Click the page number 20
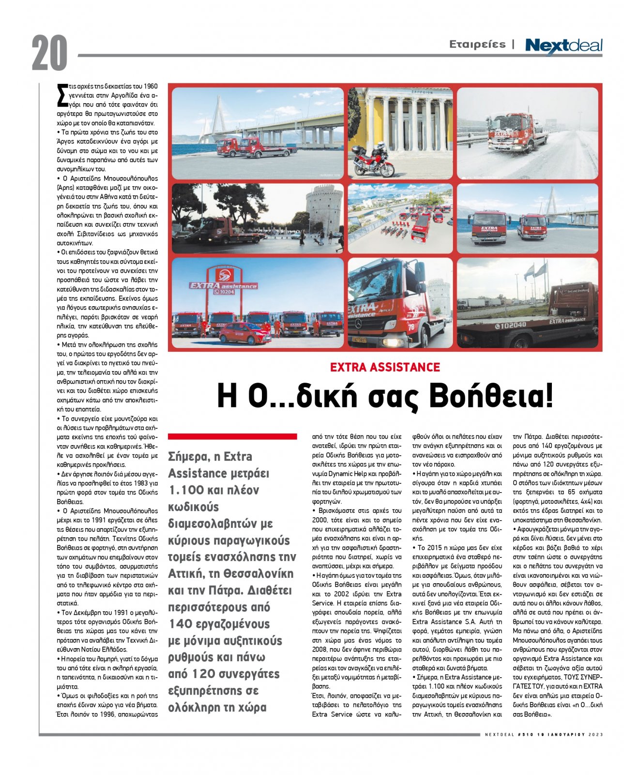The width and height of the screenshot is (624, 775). (49, 53)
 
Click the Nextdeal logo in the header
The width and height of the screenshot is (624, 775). (563, 46)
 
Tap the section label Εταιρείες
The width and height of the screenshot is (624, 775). (477, 45)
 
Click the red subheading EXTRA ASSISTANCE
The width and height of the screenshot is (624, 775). (385, 367)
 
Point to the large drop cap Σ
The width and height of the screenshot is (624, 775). (61, 95)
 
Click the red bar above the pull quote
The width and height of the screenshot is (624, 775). (232, 436)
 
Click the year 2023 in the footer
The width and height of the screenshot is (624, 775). (596, 735)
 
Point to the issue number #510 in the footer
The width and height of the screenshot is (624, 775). (526, 735)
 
